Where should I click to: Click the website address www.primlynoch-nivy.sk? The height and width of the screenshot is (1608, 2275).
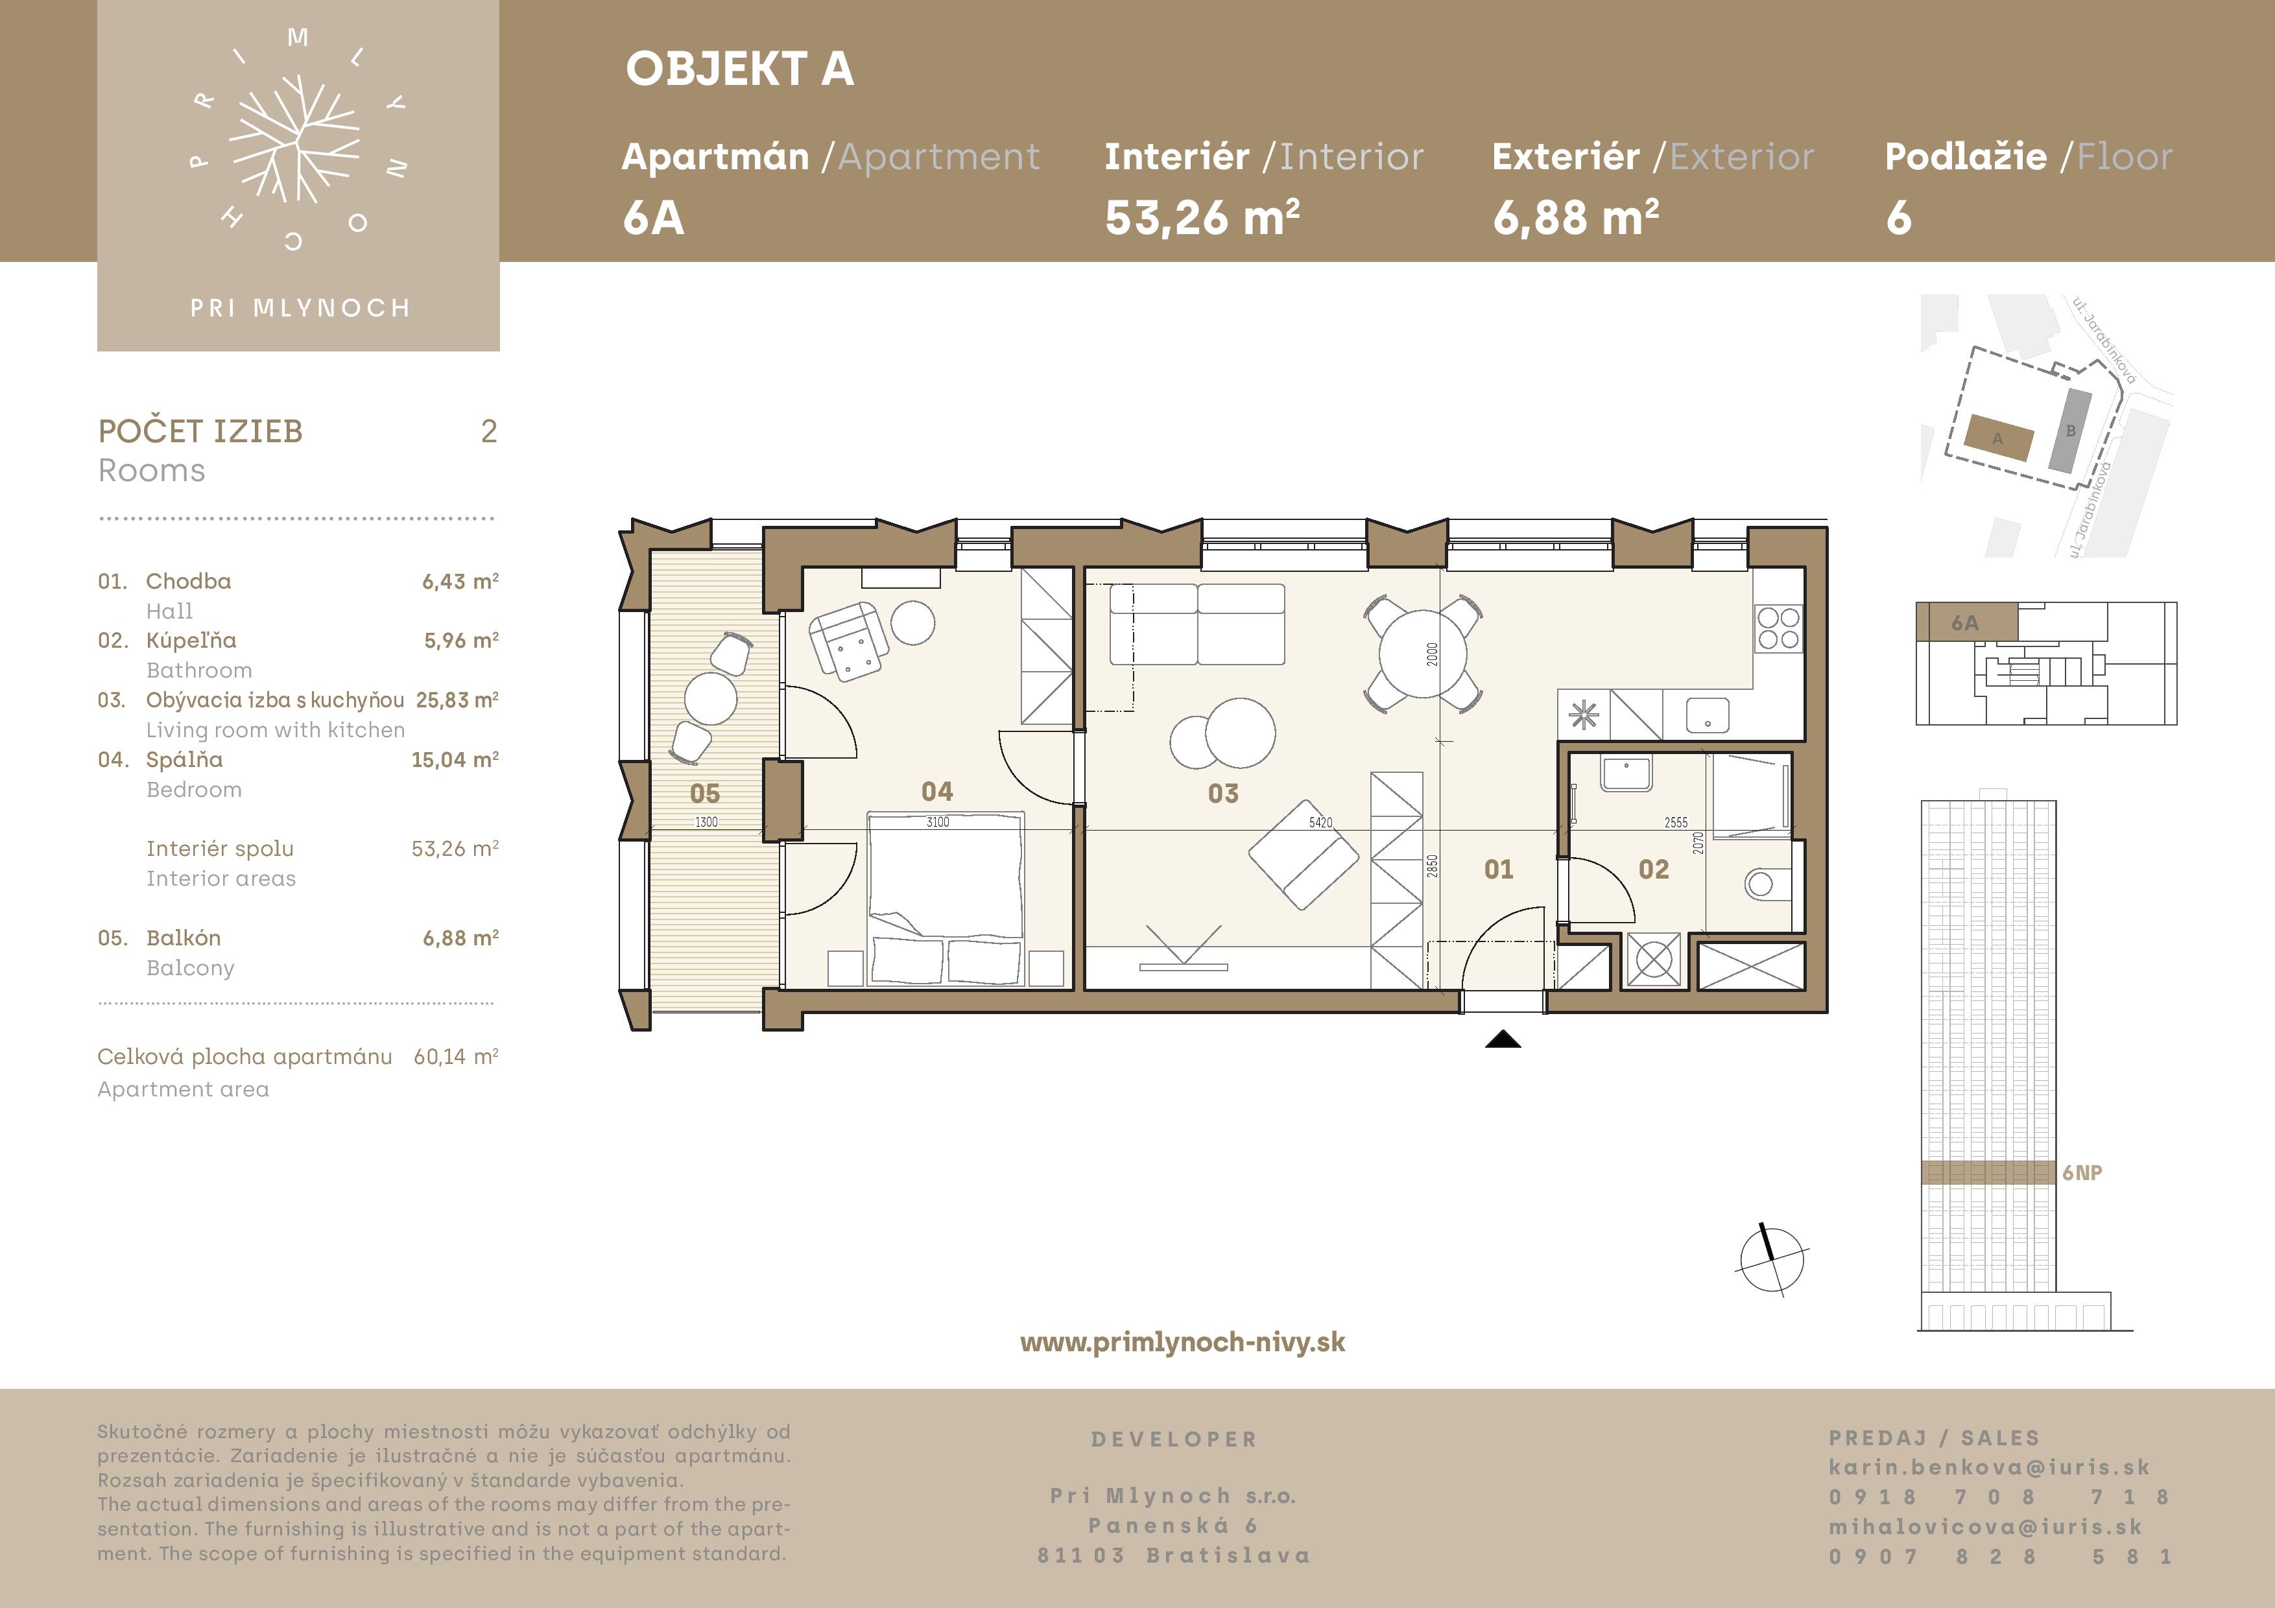[x=1182, y=1342]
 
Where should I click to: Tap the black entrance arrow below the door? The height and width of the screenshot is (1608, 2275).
[x=1503, y=1039]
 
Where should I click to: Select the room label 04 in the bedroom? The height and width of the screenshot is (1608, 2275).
[x=937, y=792]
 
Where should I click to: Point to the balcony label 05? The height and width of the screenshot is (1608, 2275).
[x=704, y=794]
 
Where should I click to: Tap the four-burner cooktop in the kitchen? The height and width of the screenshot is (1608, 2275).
[x=1779, y=629]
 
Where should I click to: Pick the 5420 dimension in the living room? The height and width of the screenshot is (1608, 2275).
[x=1321, y=822]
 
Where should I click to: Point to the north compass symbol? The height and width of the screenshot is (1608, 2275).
[x=1772, y=1259]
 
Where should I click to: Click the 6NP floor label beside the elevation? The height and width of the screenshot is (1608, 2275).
[x=2082, y=1173]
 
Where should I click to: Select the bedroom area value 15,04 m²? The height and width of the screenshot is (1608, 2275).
[x=455, y=760]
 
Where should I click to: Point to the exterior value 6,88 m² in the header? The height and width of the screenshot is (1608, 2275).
[x=1575, y=218]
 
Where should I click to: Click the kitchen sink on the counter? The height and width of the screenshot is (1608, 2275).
[x=1708, y=715]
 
